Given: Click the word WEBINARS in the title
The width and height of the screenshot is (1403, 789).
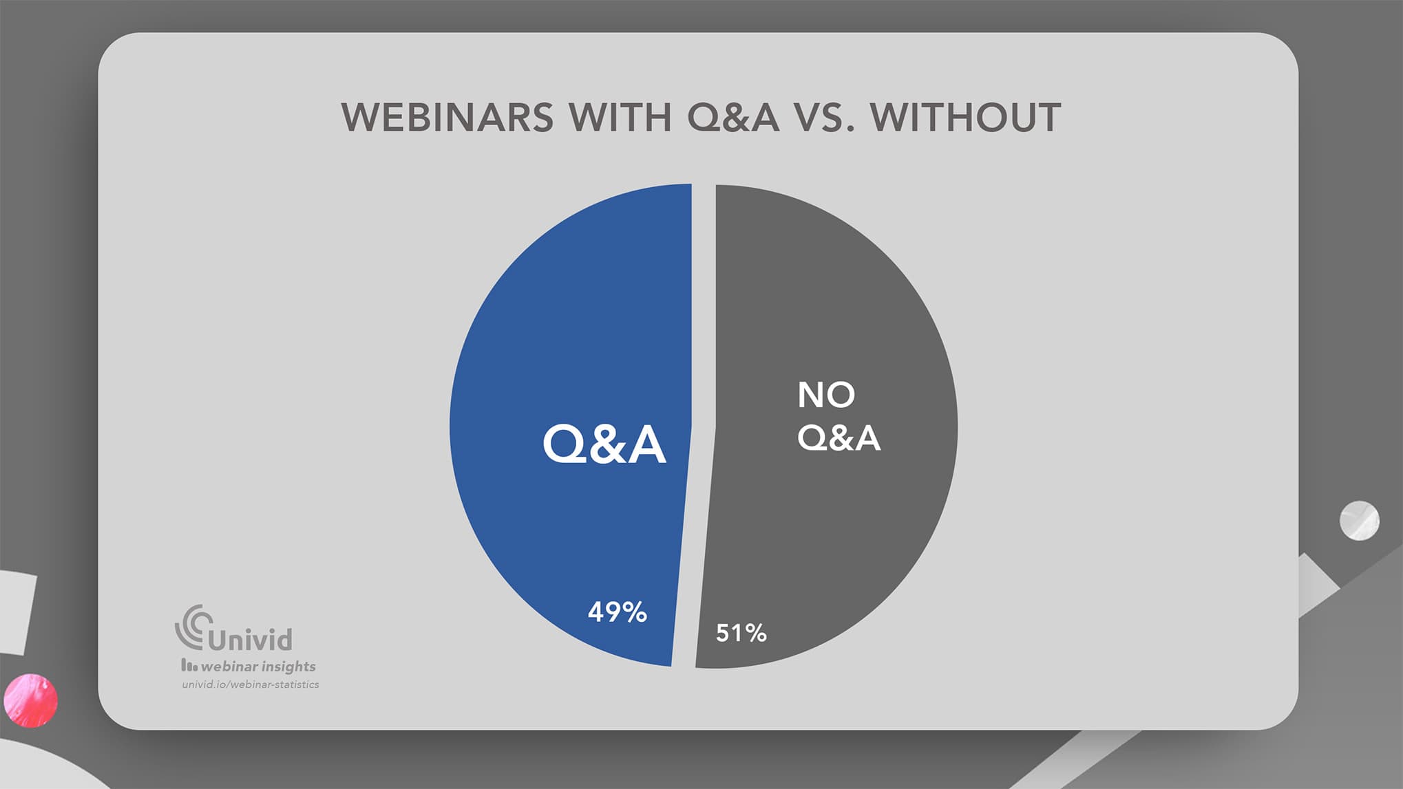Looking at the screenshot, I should pyautogui.click(x=447, y=118).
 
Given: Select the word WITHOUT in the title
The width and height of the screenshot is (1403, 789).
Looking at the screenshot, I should pyautogui.click(x=965, y=118).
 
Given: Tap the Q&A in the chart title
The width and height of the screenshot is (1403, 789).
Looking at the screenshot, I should pyautogui.click(x=733, y=118).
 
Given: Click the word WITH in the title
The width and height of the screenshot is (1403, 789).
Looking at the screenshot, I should pyautogui.click(x=620, y=118).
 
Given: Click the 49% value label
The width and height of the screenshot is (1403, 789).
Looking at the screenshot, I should pyautogui.click(x=617, y=612).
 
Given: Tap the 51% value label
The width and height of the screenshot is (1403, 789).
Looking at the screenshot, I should pyautogui.click(x=741, y=633).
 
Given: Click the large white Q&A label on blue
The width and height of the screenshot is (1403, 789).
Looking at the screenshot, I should pyautogui.click(x=604, y=444).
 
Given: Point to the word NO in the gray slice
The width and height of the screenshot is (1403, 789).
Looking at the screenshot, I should pyautogui.click(x=826, y=395).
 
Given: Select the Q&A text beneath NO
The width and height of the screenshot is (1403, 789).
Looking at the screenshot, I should pyautogui.click(x=838, y=437).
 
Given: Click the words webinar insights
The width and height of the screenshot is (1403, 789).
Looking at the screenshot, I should pyautogui.click(x=258, y=666).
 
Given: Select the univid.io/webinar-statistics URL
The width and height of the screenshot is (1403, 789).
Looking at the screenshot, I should pyautogui.click(x=251, y=684).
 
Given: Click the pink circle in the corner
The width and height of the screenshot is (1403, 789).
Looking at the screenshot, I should pyautogui.click(x=30, y=700).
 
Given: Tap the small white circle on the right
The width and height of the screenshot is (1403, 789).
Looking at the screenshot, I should pyautogui.click(x=1359, y=521).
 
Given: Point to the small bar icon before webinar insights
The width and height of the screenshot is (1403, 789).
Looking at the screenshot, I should pyautogui.click(x=189, y=665).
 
